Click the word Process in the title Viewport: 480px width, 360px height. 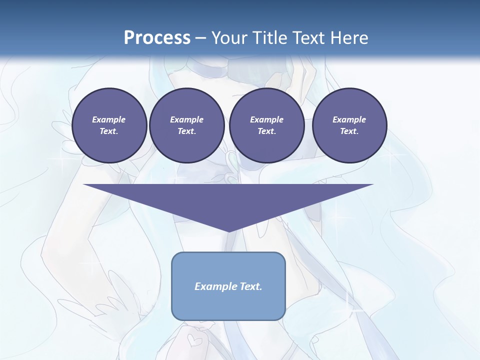tap(157, 38)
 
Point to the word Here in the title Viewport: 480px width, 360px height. tap(348, 38)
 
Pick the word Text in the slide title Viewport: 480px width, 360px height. tap(309, 38)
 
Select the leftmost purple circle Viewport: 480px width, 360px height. tap(109, 125)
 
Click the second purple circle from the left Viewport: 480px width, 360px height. tap(187, 125)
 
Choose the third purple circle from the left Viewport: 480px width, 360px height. tap(267, 125)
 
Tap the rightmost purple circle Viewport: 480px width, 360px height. tap(349, 125)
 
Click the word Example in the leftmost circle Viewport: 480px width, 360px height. tap(109, 119)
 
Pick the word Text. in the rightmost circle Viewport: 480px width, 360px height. tap(349, 131)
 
